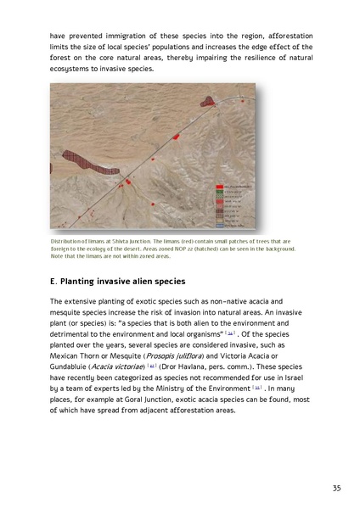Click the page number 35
[x=336, y=488]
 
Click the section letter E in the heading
[x=53, y=281]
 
